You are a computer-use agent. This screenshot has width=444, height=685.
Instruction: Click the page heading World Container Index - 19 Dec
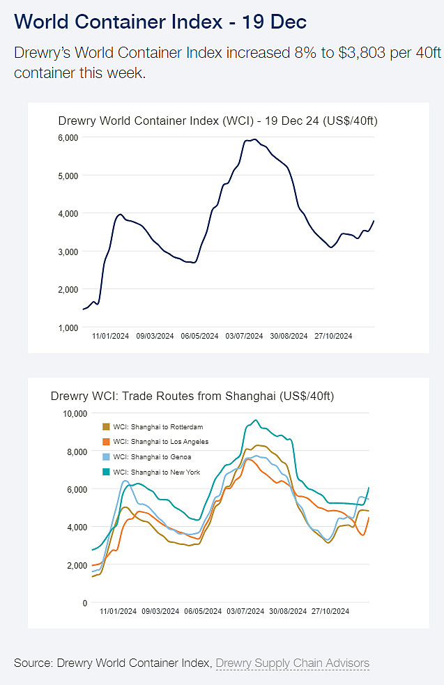pos(160,22)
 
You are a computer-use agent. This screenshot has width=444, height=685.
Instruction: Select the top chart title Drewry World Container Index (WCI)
pos(217,121)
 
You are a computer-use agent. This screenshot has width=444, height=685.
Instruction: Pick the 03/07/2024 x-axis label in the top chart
pos(244,336)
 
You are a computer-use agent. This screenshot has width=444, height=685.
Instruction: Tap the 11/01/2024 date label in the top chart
pos(111,336)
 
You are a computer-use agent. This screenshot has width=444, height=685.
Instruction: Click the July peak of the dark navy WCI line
pos(254,140)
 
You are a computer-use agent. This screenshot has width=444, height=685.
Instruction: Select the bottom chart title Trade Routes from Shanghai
pos(192,397)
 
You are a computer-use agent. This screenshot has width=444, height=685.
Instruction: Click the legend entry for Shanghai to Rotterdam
pos(158,427)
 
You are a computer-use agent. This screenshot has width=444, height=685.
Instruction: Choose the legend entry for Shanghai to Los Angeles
pos(160,442)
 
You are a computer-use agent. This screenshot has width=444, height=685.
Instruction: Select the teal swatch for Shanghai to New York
pos(106,472)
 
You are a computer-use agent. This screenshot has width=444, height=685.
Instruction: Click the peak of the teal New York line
pos(255,420)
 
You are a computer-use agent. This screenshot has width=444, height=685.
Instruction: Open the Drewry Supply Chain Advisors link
pos(293,663)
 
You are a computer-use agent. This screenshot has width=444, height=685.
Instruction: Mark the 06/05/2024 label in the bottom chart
pos(202,612)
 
